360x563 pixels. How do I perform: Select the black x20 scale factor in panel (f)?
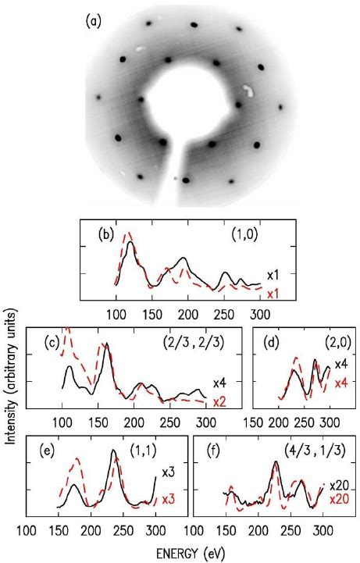(x=337, y=485)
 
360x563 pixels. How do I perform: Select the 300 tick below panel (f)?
(x=319, y=531)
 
